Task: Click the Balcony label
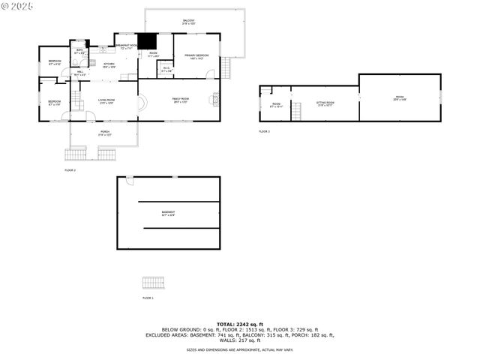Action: coord(187,22)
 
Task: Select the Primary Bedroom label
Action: coord(196,56)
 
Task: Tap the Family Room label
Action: coord(180,100)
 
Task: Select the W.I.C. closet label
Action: coord(166,70)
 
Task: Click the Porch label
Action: coord(105,133)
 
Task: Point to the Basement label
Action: coord(168,213)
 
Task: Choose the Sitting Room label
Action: coord(325,103)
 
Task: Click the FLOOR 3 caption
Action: coord(264,131)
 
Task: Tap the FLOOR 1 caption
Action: coord(148,298)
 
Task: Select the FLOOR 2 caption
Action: coord(70,170)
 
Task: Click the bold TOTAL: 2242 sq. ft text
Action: coord(239,324)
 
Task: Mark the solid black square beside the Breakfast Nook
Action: coord(146,41)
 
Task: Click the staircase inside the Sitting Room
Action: coord(296,112)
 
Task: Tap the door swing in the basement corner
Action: coord(129,180)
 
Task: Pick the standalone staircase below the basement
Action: coord(153,283)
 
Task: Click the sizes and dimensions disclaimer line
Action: coord(239,349)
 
